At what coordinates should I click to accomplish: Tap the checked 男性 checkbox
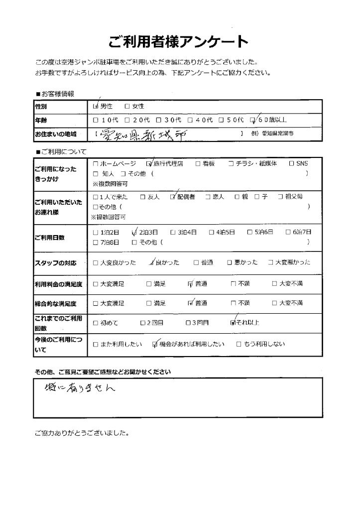coord(96,106)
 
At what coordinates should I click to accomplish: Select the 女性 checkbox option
coord(127,106)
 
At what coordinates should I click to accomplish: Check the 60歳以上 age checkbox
coord(253,120)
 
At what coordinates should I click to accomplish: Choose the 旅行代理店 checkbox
coord(149,163)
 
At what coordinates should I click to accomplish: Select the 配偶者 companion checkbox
coord(173,197)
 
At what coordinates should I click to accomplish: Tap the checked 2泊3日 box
coord(133,232)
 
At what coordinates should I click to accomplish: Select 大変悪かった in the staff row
coord(289,262)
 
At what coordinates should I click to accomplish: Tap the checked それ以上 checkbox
coord(233,323)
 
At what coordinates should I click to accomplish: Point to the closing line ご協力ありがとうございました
coord(82,432)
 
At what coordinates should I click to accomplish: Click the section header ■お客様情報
coord(55,94)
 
